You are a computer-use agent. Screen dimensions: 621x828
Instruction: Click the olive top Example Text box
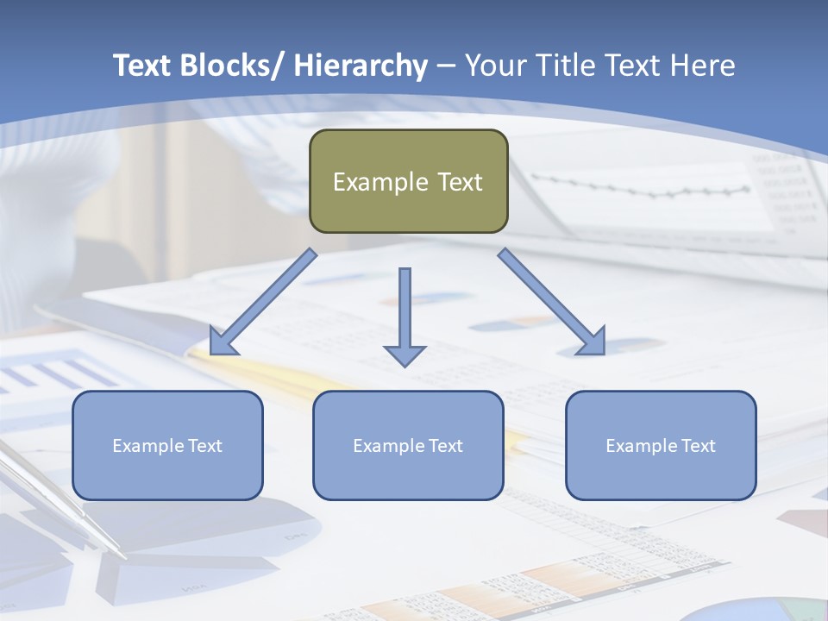click(x=408, y=181)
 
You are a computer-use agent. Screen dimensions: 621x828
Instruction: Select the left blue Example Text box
click(x=167, y=445)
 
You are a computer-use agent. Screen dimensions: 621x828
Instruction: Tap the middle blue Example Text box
click(x=408, y=445)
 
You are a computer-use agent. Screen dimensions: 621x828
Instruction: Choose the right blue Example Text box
click(x=661, y=445)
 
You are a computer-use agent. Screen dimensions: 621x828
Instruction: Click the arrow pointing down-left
click(x=263, y=303)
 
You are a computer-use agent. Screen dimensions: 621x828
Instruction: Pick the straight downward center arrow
click(x=405, y=316)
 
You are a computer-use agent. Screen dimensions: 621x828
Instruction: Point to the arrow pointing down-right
click(x=552, y=302)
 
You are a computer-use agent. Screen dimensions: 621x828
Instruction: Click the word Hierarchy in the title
click(x=361, y=66)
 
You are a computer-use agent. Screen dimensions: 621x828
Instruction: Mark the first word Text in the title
click(x=142, y=66)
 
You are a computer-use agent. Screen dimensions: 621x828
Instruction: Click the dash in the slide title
click(x=446, y=66)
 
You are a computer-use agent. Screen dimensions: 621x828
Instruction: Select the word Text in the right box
click(x=698, y=445)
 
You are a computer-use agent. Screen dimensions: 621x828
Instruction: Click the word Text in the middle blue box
click(x=445, y=445)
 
